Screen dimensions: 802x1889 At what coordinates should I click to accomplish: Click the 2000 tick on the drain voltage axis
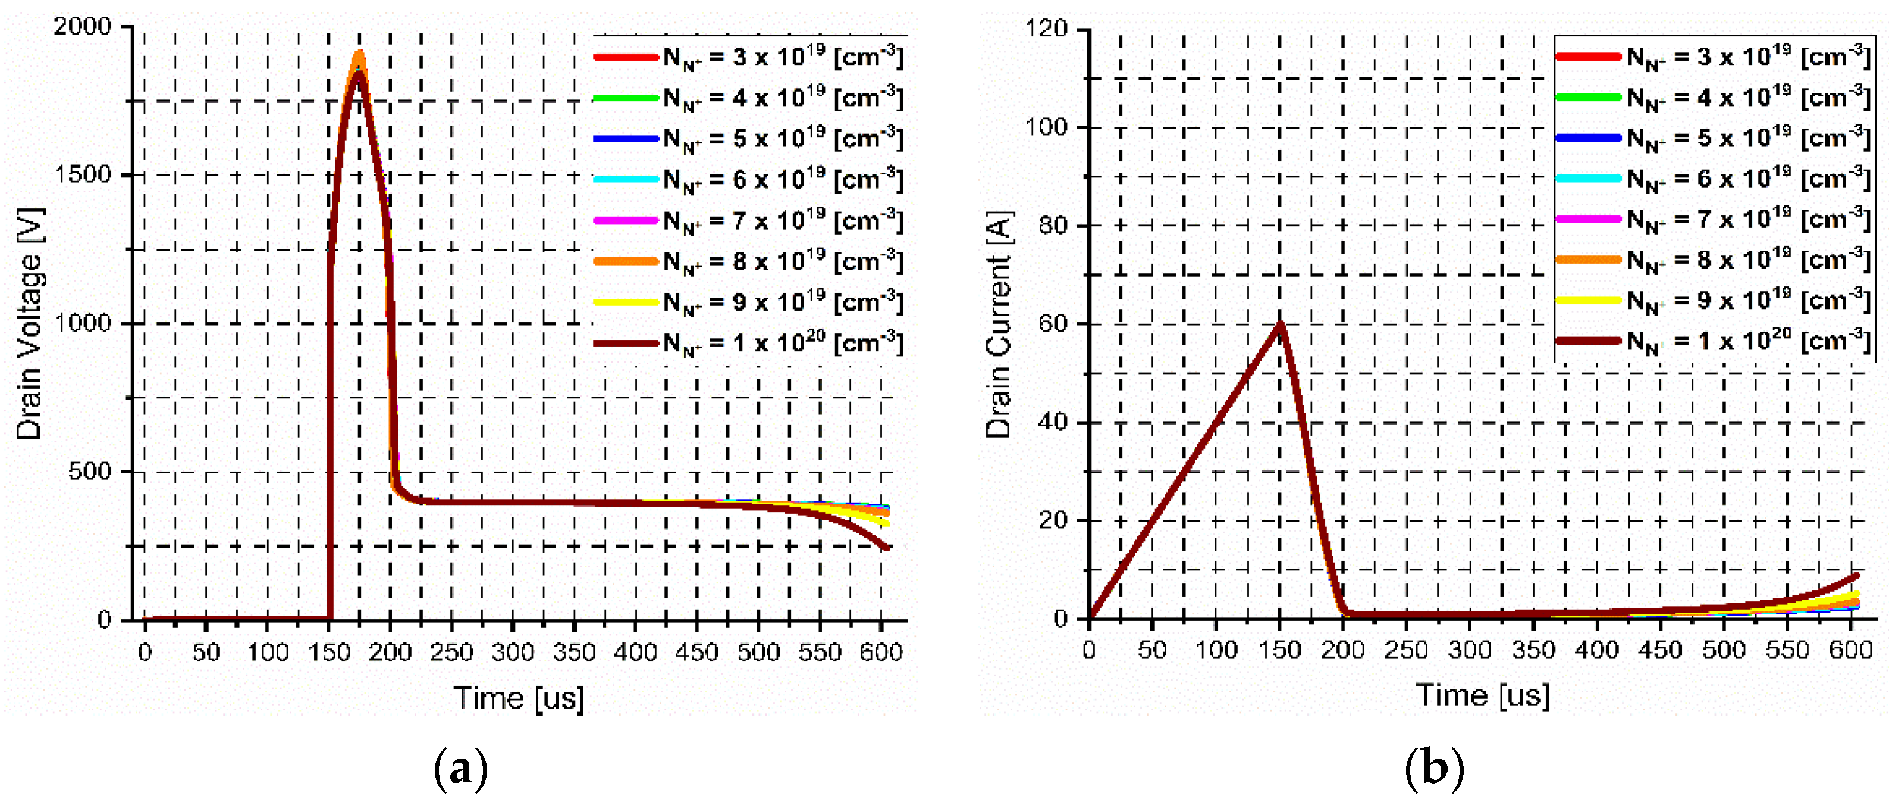82,27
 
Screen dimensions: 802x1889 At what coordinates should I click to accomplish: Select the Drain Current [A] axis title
998,324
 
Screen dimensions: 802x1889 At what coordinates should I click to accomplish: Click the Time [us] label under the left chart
519,697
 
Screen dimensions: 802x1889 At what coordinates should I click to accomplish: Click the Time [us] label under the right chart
1482,695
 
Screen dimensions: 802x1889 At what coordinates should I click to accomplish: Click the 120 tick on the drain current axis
1047,29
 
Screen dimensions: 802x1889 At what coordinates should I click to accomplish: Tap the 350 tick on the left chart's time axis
574,651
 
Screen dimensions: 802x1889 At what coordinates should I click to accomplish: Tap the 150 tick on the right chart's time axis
1279,650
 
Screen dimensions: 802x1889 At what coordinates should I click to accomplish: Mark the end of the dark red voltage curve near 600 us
887,547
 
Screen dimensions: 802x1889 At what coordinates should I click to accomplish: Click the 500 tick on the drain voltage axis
89,471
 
